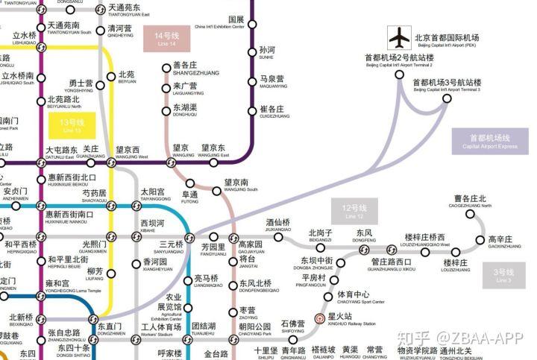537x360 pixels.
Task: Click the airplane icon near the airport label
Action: (x=401, y=37)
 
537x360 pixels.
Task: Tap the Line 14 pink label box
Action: (x=167, y=38)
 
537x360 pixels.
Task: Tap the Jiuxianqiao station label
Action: (x=278, y=226)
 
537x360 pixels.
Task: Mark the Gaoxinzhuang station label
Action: (x=504, y=242)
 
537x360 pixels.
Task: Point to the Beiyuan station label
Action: (x=127, y=78)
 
